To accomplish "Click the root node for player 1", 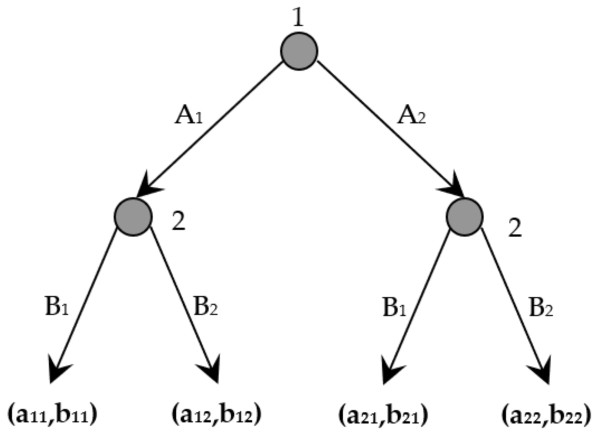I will pyautogui.click(x=299, y=51).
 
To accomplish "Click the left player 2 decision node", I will pyautogui.click(x=133, y=217).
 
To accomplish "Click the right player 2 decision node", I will pyautogui.click(x=464, y=217).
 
